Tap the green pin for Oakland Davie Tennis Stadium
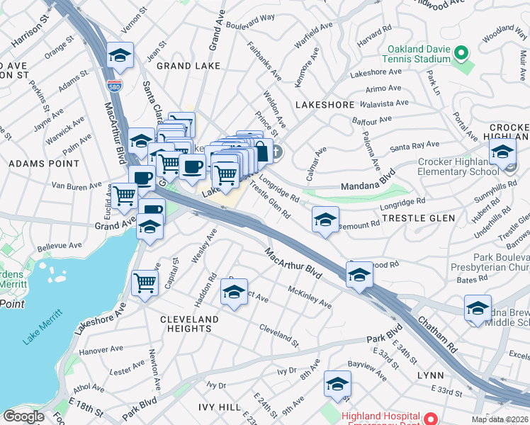[461, 53]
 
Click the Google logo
[23, 416]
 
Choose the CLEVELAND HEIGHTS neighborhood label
[189, 324]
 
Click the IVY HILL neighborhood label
[209, 408]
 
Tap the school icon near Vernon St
[120, 56]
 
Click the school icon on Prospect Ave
[234, 292]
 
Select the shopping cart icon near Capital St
[145, 283]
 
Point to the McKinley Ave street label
[310, 296]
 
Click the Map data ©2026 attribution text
[500, 419]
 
